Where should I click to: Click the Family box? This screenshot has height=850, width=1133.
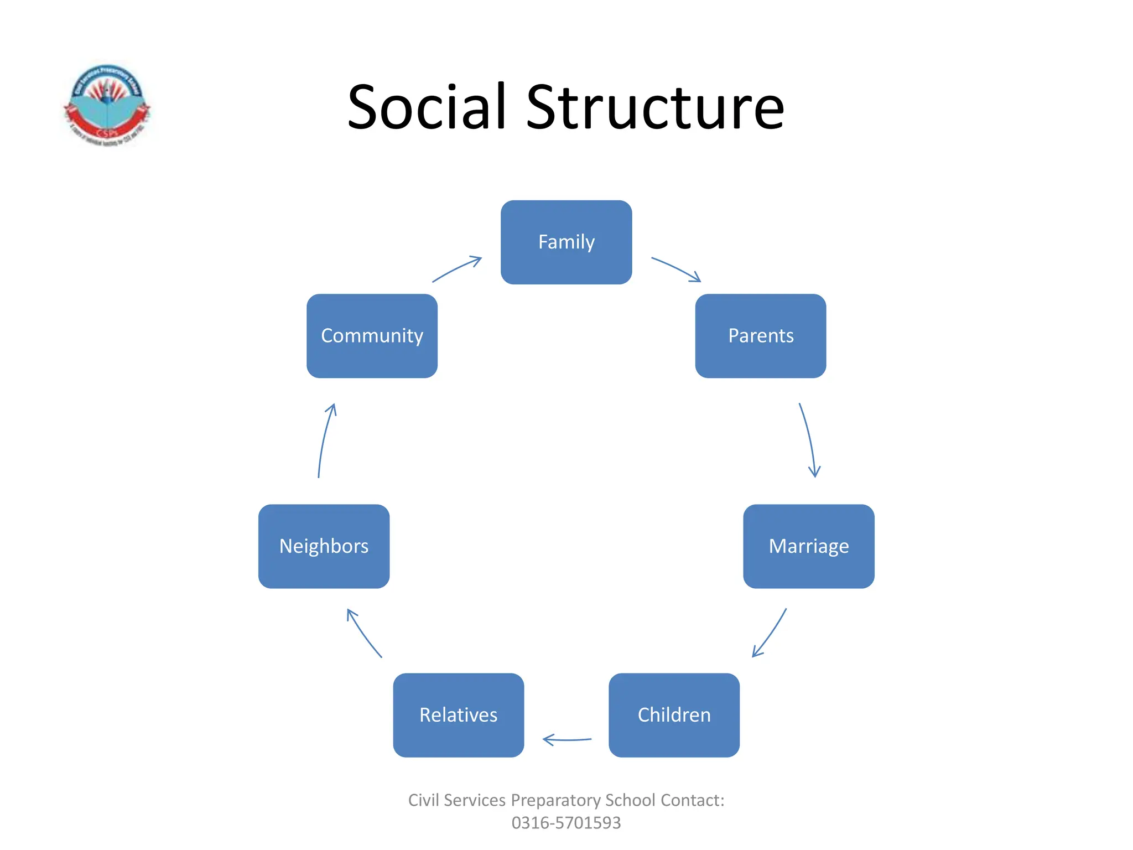click(x=566, y=242)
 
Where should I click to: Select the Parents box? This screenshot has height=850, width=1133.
click(x=760, y=336)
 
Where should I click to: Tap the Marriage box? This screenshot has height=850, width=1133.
click(x=808, y=546)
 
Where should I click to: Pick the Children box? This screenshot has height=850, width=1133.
click(x=674, y=715)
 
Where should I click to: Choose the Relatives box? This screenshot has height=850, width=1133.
click(x=458, y=715)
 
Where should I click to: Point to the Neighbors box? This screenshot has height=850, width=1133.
click(x=324, y=546)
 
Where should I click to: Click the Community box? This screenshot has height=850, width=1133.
click(x=372, y=336)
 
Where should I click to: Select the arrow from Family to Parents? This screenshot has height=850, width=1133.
click(x=676, y=269)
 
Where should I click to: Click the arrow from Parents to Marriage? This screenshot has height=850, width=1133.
click(x=808, y=440)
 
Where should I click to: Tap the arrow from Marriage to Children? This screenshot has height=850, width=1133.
click(x=770, y=633)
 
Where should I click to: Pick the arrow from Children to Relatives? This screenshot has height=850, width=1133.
click(x=567, y=739)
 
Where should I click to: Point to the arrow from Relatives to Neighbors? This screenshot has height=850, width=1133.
click(x=363, y=633)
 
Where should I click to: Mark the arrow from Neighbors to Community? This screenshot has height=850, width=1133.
click(x=325, y=440)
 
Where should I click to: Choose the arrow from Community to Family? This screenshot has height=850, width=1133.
click(x=456, y=269)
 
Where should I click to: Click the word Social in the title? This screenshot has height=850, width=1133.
click(x=427, y=107)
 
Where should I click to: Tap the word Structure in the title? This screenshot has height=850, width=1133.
click(x=655, y=107)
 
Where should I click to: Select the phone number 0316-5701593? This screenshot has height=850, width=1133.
click(x=566, y=823)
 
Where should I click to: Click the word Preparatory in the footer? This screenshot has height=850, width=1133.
click(x=555, y=800)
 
